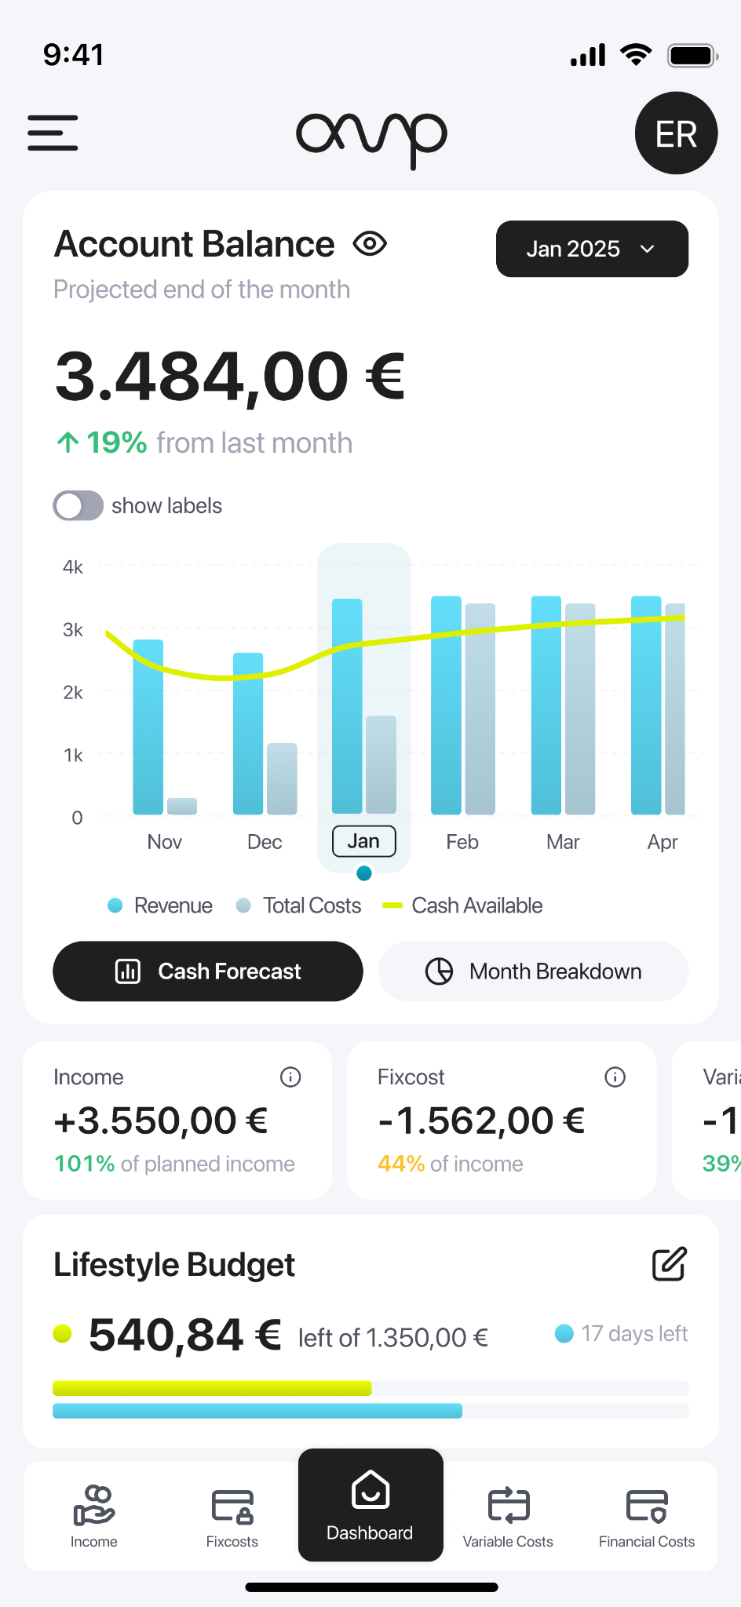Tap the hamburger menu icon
(53, 133)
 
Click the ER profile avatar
(676, 133)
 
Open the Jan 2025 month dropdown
(592, 249)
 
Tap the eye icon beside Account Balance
(370, 244)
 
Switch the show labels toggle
(78, 505)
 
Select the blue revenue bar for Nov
(148, 727)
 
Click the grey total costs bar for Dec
(282, 778)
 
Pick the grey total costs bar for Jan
(381, 764)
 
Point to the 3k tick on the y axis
(73, 629)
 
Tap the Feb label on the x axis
(462, 842)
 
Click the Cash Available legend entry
(462, 906)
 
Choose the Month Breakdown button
(533, 971)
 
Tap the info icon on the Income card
(290, 1077)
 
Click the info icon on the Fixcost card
(615, 1077)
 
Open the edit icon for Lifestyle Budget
(670, 1263)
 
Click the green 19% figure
(116, 443)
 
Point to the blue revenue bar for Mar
(546, 705)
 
